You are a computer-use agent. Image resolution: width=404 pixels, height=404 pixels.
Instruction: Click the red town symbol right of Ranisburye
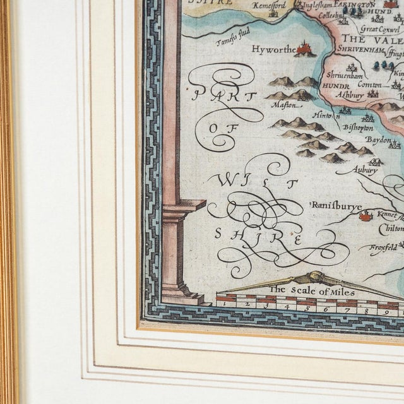365,216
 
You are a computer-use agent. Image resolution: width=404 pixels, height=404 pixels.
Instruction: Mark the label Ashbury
350,93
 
